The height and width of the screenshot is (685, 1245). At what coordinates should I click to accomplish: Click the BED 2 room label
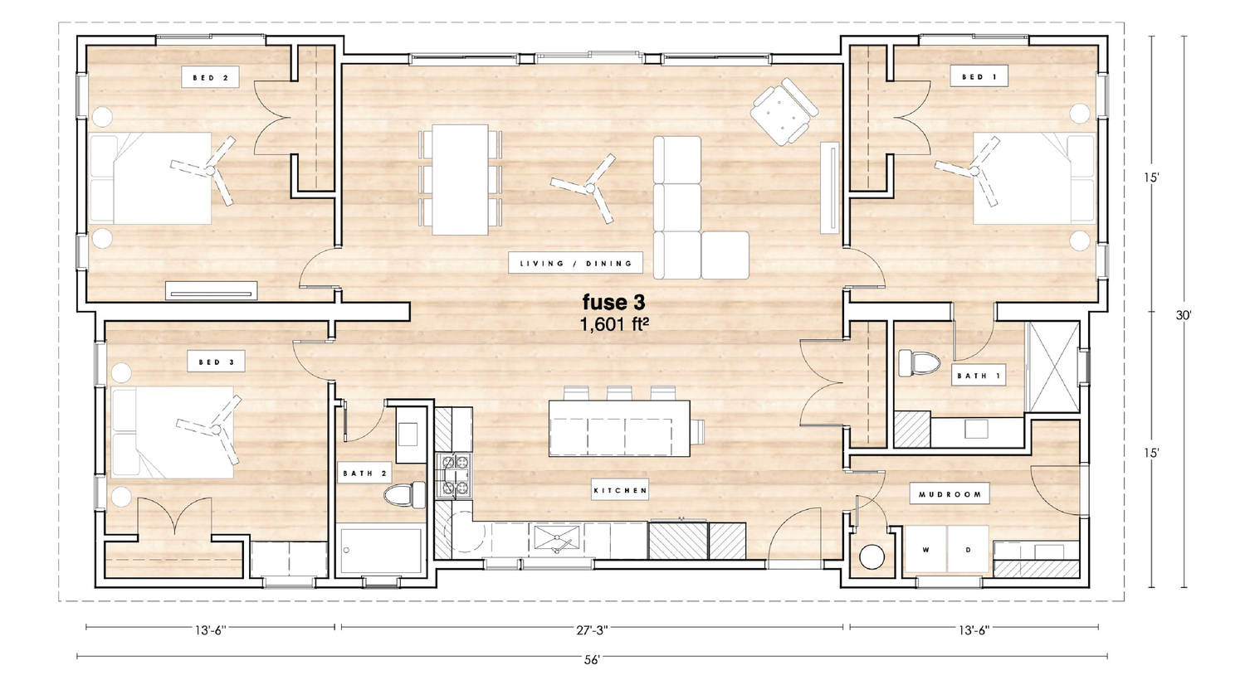tap(210, 78)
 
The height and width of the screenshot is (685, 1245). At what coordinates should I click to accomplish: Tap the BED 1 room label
tap(979, 76)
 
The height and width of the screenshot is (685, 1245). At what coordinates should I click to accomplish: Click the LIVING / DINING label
tap(576, 264)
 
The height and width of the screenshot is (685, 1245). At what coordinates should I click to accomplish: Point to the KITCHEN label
tap(620, 491)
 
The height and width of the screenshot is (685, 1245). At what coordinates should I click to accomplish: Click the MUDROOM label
tap(950, 494)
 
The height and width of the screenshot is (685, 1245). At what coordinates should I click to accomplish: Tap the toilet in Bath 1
tap(919, 364)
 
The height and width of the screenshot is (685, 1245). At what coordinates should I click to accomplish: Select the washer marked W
tap(926, 549)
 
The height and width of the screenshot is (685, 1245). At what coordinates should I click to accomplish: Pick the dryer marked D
tap(969, 549)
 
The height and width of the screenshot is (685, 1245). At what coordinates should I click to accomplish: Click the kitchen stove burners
tap(455, 475)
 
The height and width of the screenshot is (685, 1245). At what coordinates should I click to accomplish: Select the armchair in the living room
tap(784, 112)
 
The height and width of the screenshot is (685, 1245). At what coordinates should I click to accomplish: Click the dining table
tap(460, 179)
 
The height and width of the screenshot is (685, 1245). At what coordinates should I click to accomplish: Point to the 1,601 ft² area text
tap(615, 324)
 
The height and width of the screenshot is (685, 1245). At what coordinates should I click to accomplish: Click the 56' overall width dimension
tap(592, 661)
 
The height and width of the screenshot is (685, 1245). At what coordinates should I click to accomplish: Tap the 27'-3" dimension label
tap(592, 630)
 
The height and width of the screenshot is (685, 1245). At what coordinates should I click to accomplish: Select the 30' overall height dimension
tap(1184, 315)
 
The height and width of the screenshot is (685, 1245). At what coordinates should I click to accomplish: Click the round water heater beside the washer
tap(871, 557)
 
